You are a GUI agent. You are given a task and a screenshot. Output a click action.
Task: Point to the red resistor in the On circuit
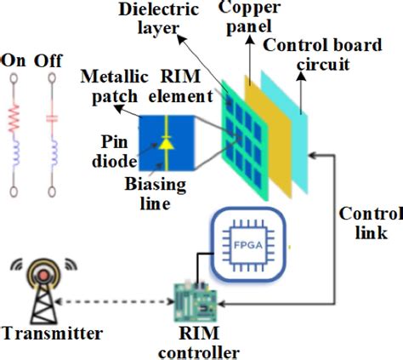pos(14,116)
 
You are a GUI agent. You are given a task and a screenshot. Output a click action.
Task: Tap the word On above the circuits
pos(14,60)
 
